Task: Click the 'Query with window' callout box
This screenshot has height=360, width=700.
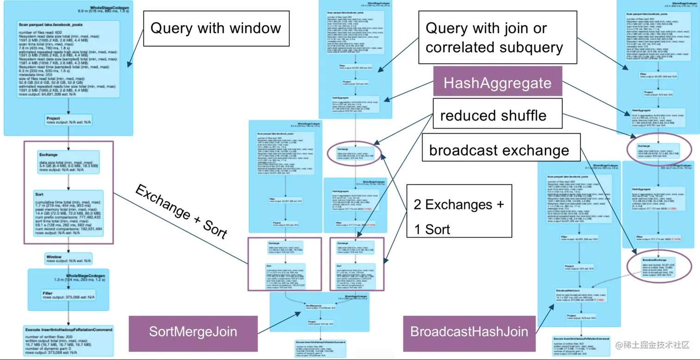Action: pyautogui.click(x=216, y=28)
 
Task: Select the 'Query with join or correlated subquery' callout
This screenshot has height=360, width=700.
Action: pyautogui.click(x=497, y=38)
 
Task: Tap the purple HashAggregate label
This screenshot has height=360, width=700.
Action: pyautogui.click(x=497, y=83)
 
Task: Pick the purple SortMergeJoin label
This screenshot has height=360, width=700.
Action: pyautogui.click(x=193, y=332)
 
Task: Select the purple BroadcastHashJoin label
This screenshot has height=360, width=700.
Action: pyautogui.click(x=469, y=332)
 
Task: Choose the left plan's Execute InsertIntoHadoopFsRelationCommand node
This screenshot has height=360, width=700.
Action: pyautogui.click(x=69, y=340)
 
